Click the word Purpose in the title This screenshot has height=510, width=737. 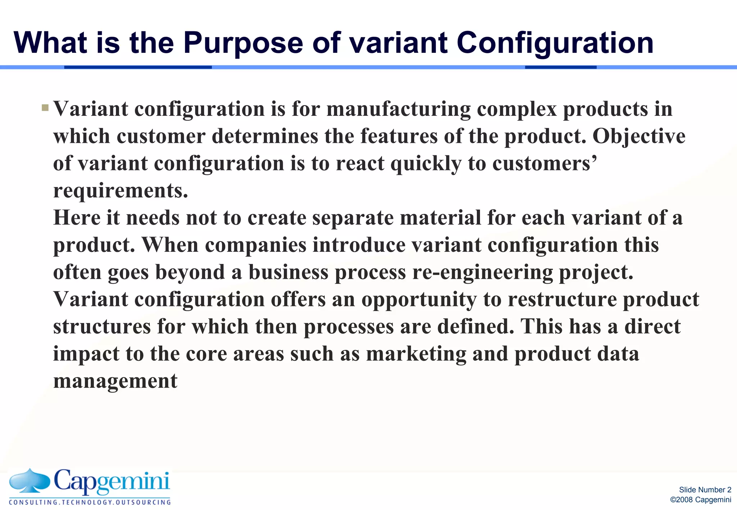click(243, 43)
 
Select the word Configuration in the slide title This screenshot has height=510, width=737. click(555, 43)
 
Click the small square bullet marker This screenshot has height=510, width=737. click(45, 108)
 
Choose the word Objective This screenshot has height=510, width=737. click(639, 136)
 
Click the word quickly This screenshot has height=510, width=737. click(426, 164)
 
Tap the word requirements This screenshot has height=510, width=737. click(121, 191)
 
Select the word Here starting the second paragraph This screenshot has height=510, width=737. click(77, 218)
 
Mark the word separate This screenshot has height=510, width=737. click(353, 218)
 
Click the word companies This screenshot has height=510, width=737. click(256, 245)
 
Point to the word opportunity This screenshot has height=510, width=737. click(419, 300)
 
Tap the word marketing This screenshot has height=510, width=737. click(416, 354)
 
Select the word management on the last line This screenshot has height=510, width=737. click(115, 381)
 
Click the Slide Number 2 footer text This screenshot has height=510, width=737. click(705, 490)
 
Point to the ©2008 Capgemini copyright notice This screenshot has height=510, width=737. click(700, 500)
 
